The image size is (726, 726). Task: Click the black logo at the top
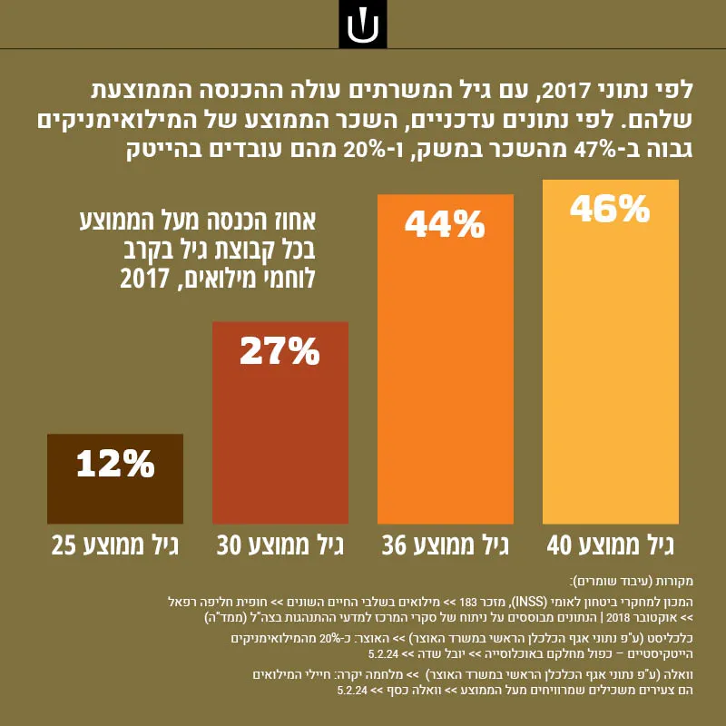(362, 25)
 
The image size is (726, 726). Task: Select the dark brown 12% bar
(115, 479)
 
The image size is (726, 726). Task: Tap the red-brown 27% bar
(280, 423)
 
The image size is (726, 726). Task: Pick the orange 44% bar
(446, 358)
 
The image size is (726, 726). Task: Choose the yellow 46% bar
(611, 352)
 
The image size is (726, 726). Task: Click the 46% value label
(610, 210)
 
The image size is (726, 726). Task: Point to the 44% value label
(445, 224)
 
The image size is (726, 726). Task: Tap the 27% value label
(280, 351)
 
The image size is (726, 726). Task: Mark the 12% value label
(115, 464)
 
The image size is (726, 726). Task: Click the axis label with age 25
(115, 546)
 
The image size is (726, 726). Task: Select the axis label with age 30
(280, 546)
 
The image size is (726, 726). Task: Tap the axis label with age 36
(446, 546)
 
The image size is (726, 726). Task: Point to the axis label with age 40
(610, 546)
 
